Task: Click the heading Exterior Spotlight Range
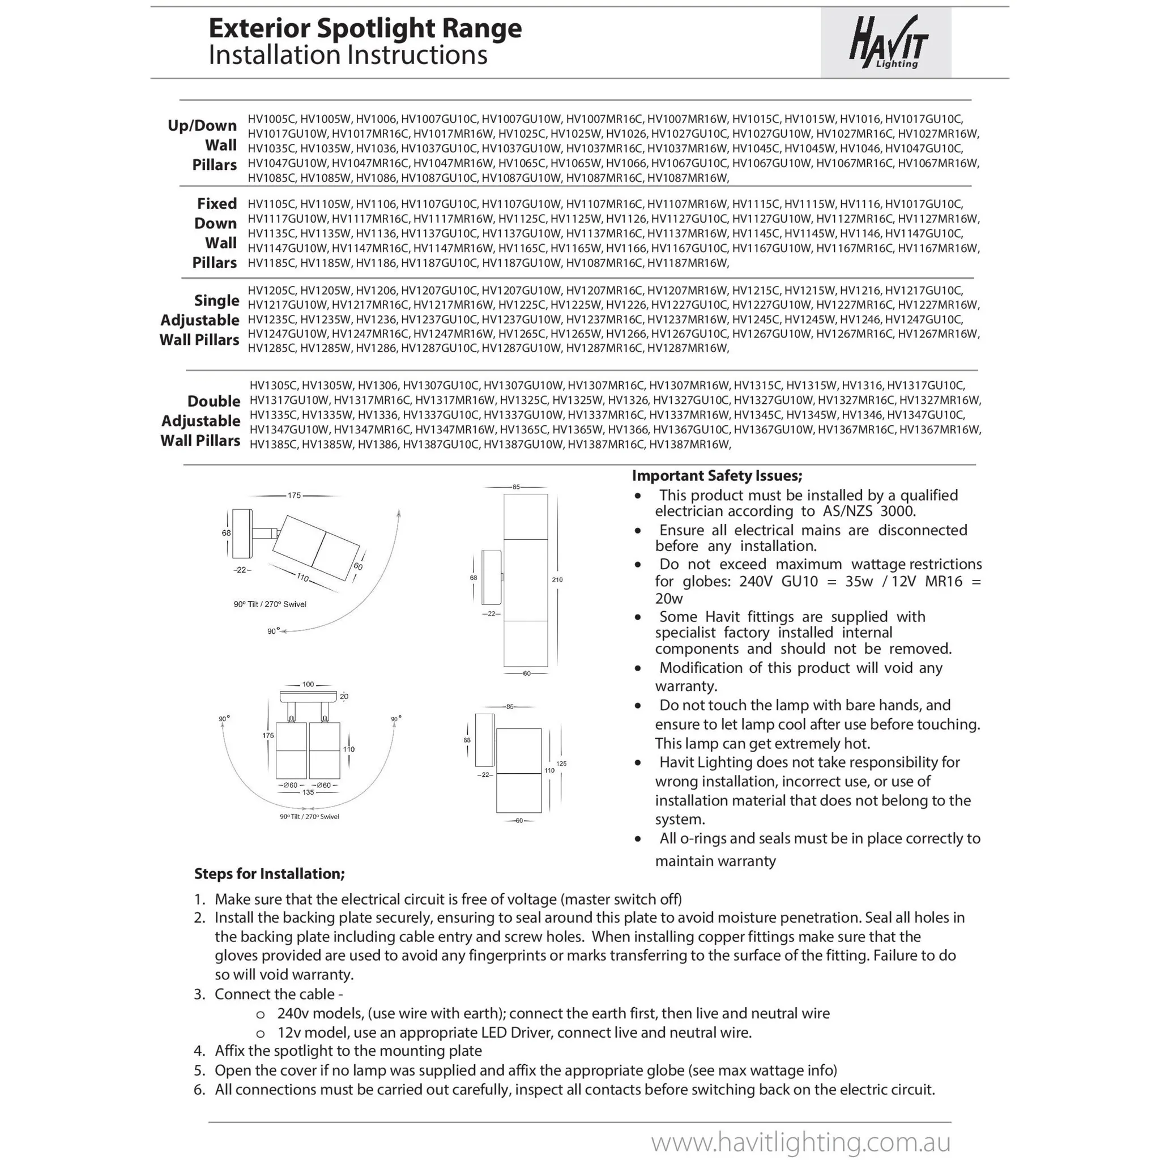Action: point(365,28)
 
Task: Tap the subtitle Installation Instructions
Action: point(348,56)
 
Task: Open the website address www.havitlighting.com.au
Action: point(801,1140)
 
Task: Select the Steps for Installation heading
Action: point(270,873)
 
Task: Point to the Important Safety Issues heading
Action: point(717,476)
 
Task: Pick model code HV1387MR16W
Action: point(690,445)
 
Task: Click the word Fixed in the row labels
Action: point(217,203)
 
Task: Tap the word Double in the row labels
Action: point(214,401)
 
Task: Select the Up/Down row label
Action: point(202,126)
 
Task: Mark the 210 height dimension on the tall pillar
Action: point(557,579)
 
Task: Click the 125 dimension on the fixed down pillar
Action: point(561,764)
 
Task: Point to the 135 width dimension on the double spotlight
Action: point(308,792)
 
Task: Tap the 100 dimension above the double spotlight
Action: point(308,684)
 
